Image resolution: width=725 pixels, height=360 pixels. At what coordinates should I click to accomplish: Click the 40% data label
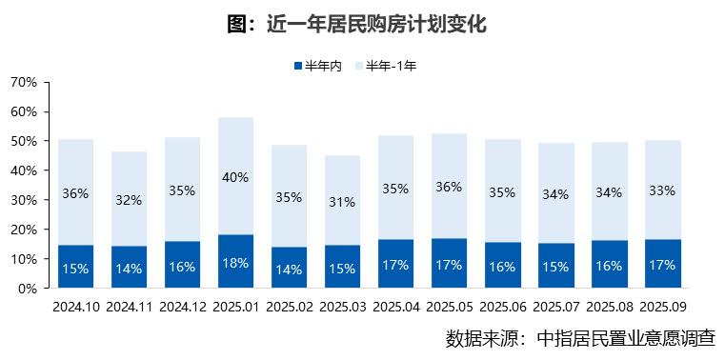235,176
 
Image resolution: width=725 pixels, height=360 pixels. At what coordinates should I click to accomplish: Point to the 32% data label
129,200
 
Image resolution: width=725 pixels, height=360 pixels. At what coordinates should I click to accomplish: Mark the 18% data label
235,264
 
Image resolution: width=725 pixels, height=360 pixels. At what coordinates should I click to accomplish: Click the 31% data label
342,202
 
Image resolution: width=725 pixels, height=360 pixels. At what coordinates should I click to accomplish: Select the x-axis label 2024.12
182,307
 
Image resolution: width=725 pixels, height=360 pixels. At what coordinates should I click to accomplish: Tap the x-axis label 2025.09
662,307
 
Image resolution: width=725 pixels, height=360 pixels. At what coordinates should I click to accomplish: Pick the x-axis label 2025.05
449,307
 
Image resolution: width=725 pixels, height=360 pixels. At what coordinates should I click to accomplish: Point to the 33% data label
662,190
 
